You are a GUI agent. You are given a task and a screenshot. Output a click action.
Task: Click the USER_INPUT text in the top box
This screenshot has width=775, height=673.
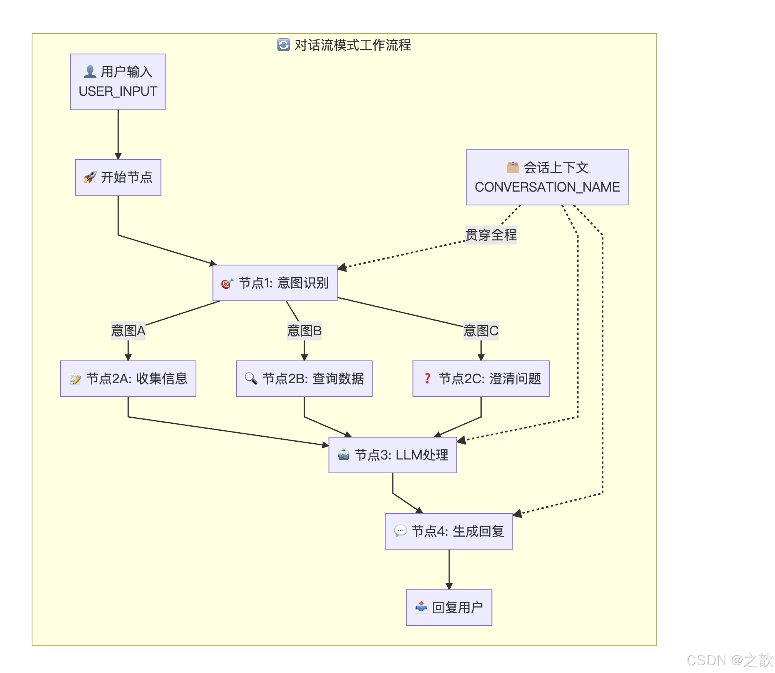(x=118, y=91)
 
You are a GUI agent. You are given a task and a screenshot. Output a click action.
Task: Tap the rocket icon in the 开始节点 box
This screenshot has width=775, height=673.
(x=90, y=177)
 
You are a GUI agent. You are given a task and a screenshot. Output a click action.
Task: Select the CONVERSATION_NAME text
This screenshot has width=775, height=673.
(x=547, y=187)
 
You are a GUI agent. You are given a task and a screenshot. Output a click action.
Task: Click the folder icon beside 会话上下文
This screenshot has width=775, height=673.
(x=512, y=167)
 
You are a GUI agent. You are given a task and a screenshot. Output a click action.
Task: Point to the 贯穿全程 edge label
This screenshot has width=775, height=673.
(x=491, y=235)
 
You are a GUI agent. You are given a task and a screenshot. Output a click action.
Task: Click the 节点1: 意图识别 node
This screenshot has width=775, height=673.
(x=275, y=283)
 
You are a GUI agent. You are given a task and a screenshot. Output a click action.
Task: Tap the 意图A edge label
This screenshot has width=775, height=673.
(x=128, y=330)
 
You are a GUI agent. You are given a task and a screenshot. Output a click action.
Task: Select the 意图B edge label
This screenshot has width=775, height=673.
(x=304, y=330)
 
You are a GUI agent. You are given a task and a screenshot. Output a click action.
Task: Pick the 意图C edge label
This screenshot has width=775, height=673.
(x=481, y=330)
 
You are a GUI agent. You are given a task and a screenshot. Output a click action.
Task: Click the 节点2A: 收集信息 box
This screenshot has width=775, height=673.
(x=128, y=378)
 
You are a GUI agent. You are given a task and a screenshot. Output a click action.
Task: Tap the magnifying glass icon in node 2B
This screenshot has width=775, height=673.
(x=251, y=378)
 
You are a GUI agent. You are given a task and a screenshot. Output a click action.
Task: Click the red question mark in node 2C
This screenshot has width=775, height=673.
(x=427, y=378)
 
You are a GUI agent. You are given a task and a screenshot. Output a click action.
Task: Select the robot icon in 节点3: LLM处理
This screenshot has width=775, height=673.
(x=343, y=455)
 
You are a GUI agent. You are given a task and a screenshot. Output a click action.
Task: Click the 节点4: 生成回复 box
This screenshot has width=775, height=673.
(x=449, y=531)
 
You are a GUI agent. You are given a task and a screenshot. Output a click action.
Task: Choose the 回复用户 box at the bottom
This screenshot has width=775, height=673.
(x=449, y=607)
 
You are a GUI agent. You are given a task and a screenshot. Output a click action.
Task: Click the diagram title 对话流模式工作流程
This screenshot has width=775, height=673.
(x=352, y=45)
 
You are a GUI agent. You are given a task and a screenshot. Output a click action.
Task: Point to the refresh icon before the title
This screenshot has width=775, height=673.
(x=283, y=45)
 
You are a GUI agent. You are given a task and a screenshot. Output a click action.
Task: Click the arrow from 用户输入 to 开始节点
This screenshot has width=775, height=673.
(x=118, y=134)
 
